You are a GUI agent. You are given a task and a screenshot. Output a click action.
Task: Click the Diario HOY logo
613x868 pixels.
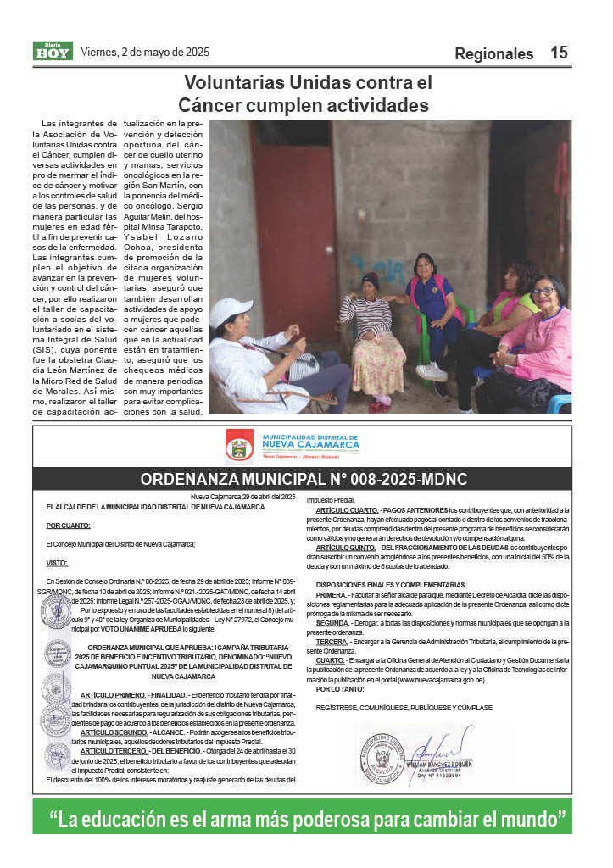(53, 51)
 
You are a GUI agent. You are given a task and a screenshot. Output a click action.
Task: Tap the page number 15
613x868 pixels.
(559, 53)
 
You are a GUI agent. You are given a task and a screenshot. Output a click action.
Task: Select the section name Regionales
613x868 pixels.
(494, 54)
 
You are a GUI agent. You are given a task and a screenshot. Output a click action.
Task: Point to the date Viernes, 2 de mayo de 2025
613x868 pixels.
(144, 52)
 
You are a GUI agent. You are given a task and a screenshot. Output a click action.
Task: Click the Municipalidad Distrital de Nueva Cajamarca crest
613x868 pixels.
(239, 445)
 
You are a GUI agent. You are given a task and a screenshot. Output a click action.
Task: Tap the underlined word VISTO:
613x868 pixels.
(57, 563)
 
